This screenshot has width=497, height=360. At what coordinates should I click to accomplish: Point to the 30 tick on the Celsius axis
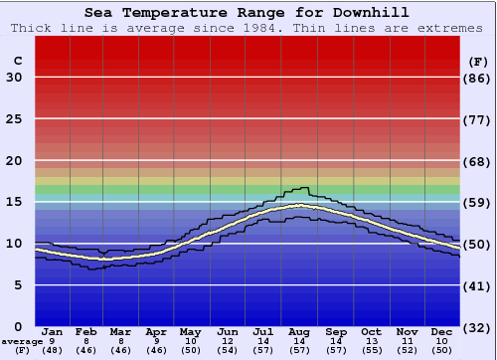click(x=14, y=78)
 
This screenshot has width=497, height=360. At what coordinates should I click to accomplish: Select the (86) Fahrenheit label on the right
click(x=478, y=78)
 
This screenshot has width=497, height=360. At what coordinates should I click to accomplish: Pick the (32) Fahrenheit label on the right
click(x=478, y=327)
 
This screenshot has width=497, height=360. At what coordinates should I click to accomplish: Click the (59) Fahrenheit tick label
click(x=478, y=202)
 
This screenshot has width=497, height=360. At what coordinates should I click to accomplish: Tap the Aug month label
click(x=299, y=332)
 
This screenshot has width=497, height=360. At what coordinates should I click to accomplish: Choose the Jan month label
click(x=53, y=332)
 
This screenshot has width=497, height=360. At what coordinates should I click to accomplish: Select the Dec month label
click(x=442, y=332)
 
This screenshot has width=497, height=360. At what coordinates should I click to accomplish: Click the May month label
click(x=192, y=332)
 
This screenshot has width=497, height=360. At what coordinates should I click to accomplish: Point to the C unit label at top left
click(x=17, y=61)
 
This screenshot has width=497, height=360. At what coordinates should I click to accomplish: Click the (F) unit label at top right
click(x=478, y=61)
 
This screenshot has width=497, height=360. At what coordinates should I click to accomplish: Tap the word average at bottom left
click(x=23, y=341)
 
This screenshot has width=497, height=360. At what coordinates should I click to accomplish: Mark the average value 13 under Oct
click(x=371, y=341)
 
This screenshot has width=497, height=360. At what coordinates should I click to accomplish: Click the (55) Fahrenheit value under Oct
click(x=371, y=350)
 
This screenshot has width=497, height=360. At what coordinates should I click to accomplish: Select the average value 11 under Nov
click(x=407, y=341)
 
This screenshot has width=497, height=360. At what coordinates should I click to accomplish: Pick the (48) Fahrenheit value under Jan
click(x=53, y=350)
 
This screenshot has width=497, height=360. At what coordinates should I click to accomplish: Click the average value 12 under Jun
click(x=228, y=341)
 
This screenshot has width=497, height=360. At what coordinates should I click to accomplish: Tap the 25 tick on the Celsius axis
click(x=14, y=119)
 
